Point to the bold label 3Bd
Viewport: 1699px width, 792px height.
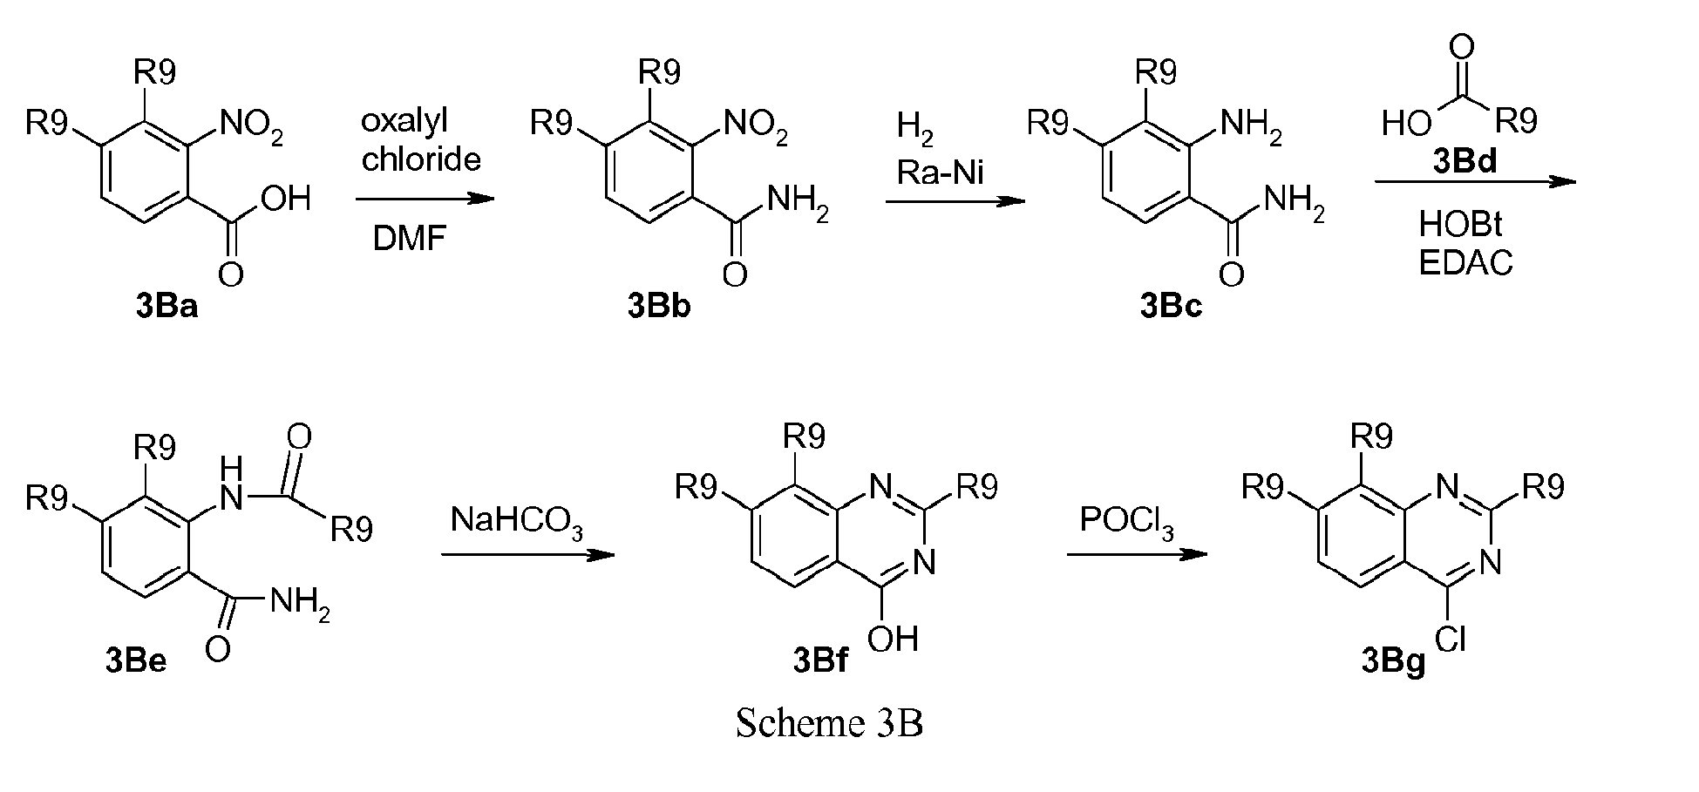pos(1464,162)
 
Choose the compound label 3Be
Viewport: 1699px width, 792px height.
pos(136,662)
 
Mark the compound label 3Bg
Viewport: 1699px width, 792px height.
pos(1393,662)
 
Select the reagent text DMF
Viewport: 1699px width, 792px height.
pos(409,238)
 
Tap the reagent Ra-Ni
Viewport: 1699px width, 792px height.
pos(940,173)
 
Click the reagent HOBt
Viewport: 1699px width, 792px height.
pos(1461,225)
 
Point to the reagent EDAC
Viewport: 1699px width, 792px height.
pos(1465,262)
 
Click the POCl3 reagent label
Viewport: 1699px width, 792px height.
pos(1127,521)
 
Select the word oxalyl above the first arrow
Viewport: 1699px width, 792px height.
pos(404,122)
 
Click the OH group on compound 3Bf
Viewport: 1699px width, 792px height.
pos(893,639)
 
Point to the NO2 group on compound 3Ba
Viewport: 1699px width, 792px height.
pos(252,127)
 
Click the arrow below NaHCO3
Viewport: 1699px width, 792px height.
pos(527,555)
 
